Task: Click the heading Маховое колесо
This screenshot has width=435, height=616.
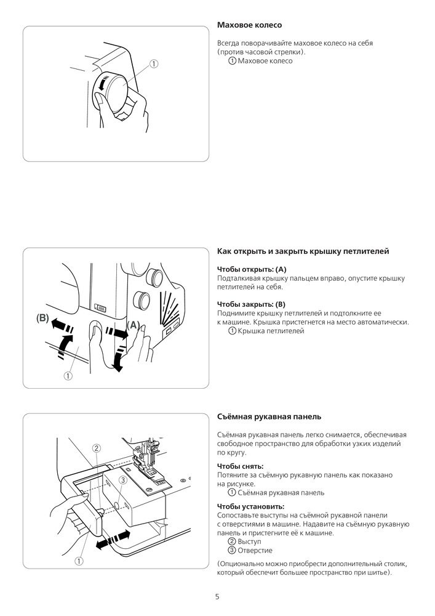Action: coord(249,25)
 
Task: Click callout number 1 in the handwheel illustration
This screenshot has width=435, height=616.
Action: coord(154,63)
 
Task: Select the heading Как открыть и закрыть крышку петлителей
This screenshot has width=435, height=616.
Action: coord(303,251)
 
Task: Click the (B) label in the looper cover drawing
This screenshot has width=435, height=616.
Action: coord(42,318)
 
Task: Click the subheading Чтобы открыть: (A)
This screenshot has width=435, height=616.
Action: coord(252,269)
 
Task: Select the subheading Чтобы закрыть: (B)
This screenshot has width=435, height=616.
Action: coord(251,304)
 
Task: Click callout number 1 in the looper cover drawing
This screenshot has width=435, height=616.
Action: coord(68,375)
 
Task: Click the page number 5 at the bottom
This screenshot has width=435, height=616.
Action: coord(217,596)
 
